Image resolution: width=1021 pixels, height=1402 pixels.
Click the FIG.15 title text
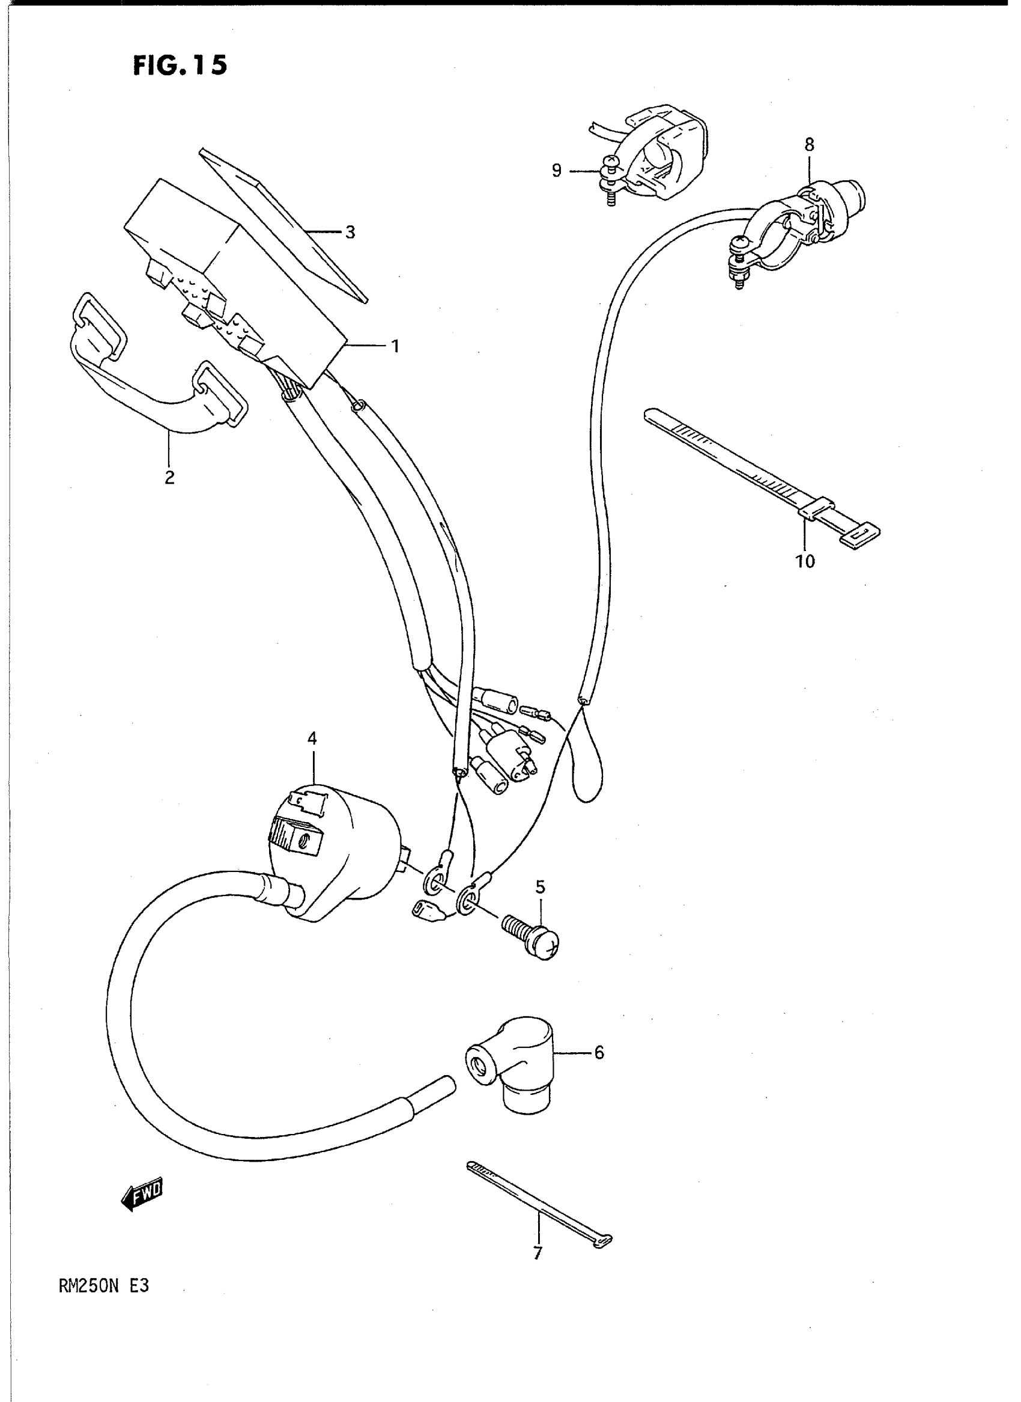coord(180,66)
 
